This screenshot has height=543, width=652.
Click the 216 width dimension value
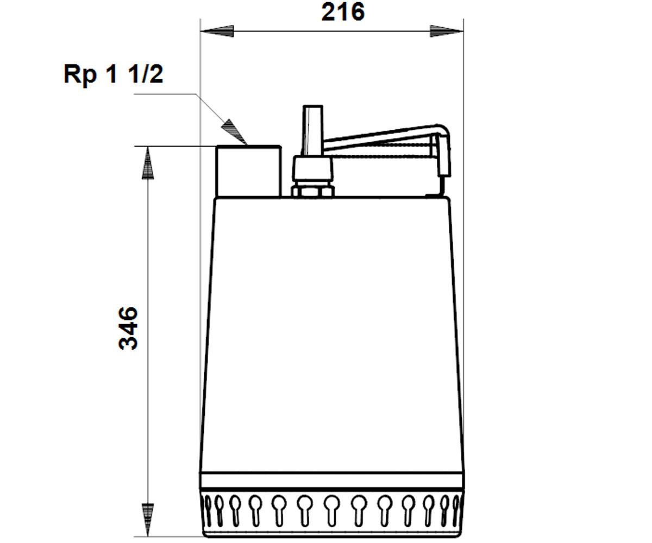(343, 13)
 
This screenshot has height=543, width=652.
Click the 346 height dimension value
(128, 329)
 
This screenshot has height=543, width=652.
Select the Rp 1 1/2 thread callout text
(114, 74)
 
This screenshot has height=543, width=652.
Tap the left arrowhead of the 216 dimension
(217, 31)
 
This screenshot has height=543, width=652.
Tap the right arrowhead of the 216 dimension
(447, 31)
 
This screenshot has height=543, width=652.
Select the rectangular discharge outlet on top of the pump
(249, 171)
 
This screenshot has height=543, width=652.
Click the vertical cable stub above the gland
(312, 130)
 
